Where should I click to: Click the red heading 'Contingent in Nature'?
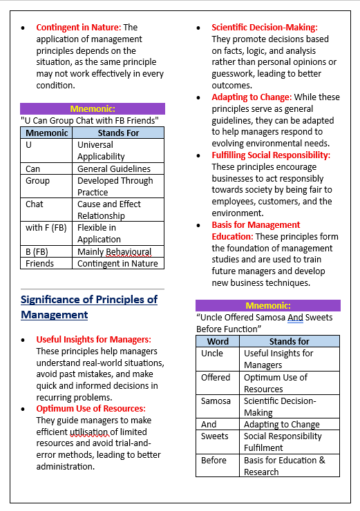pyautogui.click(x=77, y=27)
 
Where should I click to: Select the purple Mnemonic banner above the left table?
pyautogui.click(x=92, y=108)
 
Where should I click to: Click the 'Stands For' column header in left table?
pyautogui.click(x=118, y=133)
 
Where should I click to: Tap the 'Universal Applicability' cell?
pyautogui.click(x=118, y=151)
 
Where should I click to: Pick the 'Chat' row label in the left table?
pyautogui.click(x=35, y=204)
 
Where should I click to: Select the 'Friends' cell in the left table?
pyautogui.click(x=39, y=263)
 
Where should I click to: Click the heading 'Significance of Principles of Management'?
pyautogui.click(x=89, y=307)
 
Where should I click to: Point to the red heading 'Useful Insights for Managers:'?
pyautogui.click(x=93, y=339)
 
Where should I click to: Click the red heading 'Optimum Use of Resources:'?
pyautogui.click(x=91, y=409)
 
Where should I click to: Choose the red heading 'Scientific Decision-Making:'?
pyautogui.click(x=265, y=27)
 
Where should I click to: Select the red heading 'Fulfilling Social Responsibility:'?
pyautogui.click(x=271, y=155)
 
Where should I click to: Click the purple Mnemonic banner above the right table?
pyautogui.click(x=267, y=305)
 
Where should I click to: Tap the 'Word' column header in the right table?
pyautogui.click(x=218, y=341)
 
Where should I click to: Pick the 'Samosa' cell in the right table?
pyautogui.click(x=216, y=401)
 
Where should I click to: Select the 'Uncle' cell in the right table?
pyautogui.click(x=212, y=354)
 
